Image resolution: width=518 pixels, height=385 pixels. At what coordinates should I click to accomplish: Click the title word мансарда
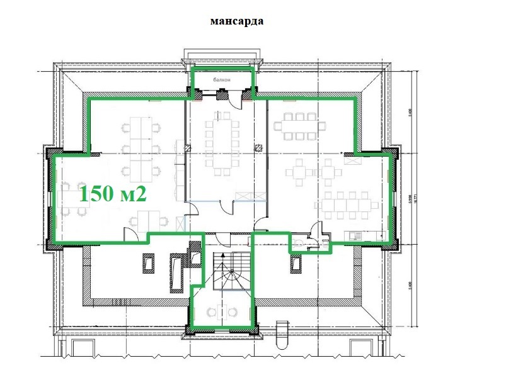tap(237, 21)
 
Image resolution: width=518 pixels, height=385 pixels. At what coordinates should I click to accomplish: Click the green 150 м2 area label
tap(112, 192)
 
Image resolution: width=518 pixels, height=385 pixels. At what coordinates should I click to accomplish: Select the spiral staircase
tap(230, 273)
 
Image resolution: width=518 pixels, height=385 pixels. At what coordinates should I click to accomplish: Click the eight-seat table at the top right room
tap(300, 126)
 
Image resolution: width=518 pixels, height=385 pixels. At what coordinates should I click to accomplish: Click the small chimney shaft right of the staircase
tap(295, 262)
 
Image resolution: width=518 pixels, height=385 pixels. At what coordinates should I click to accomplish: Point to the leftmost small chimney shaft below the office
tap(149, 261)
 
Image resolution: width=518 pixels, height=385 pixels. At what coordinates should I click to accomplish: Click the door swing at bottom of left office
tap(130, 234)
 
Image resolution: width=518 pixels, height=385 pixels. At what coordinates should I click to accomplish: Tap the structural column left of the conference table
tap(187, 147)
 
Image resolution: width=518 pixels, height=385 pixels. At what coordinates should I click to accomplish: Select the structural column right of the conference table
tap(258, 147)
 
